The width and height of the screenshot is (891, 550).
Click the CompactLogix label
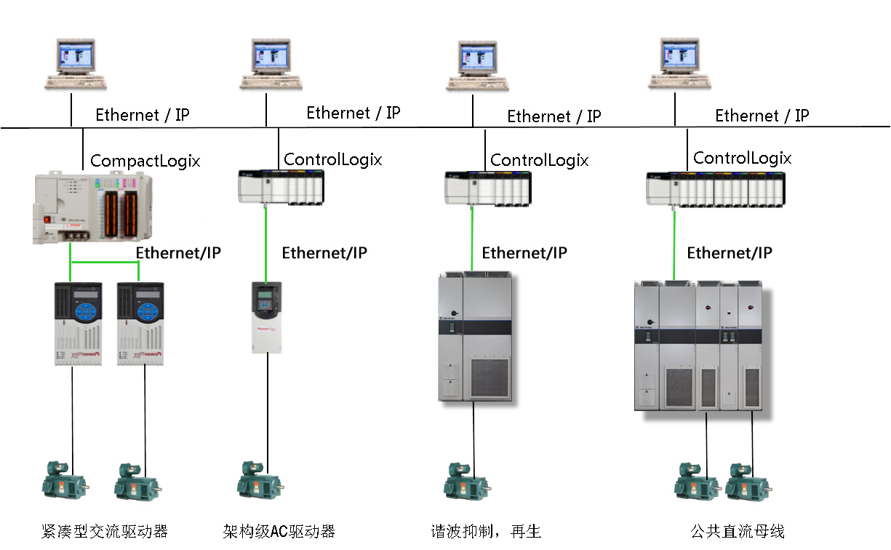[145, 161]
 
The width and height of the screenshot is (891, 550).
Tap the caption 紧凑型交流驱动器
[105, 531]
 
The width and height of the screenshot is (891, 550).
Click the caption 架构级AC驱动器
[279, 531]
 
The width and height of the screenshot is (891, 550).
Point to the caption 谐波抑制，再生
[486, 531]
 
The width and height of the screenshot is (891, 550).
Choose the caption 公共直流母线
[738, 531]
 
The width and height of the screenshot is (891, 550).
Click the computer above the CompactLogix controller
[76, 65]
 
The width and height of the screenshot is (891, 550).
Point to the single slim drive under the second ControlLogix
[266, 318]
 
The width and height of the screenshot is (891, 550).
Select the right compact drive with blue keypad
[140, 324]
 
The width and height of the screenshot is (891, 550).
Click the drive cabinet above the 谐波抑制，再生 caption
[476, 335]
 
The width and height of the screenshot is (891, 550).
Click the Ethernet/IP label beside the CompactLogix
[178, 252]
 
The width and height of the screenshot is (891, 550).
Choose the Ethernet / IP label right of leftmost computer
[143, 114]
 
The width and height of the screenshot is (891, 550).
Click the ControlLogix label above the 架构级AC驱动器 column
[332, 159]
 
